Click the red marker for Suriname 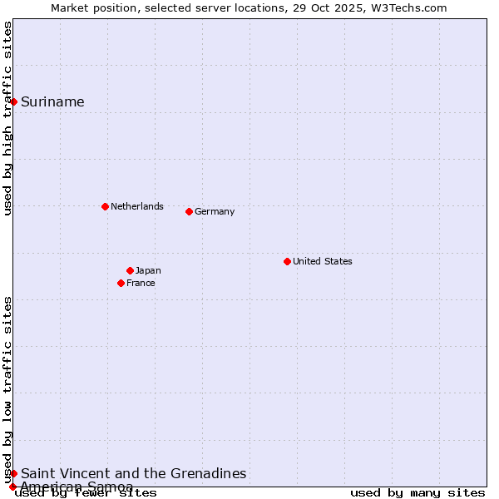14,101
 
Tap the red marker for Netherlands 105,206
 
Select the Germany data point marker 189,211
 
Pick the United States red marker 287,261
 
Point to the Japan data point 130,270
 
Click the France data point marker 121,283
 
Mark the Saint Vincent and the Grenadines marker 14,473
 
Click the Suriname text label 52,101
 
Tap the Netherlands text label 136,206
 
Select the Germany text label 215,211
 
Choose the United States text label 322,261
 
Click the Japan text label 148,270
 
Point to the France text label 141,283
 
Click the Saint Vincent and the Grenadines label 133,473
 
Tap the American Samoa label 77,487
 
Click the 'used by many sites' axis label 417,493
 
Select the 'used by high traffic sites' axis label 7,118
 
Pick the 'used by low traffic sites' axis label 7,389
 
